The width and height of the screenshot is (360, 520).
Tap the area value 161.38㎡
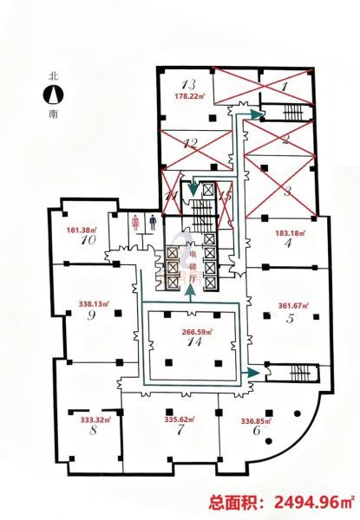point(82,230)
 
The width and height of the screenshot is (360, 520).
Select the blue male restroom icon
point(153,221)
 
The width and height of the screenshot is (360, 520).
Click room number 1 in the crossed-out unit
point(285,87)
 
